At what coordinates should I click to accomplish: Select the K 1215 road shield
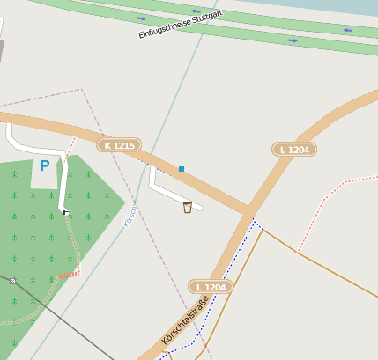pyautogui.click(x=118, y=145)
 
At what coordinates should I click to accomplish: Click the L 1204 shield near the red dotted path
pyautogui.click(x=294, y=150)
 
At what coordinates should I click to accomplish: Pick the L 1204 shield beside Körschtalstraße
pyautogui.click(x=211, y=287)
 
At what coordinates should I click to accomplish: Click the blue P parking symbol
pyautogui.click(x=44, y=165)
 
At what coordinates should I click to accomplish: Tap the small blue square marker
pyautogui.click(x=182, y=168)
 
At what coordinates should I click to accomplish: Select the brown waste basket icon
pyautogui.click(x=187, y=208)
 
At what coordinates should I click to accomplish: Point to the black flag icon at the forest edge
pyautogui.click(x=66, y=213)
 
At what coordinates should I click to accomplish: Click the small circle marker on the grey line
pyautogui.click(x=12, y=281)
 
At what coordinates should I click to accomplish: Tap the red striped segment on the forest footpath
pyautogui.click(x=69, y=274)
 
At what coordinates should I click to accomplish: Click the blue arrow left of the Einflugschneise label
pyautogui.click(x=141, y=18)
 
